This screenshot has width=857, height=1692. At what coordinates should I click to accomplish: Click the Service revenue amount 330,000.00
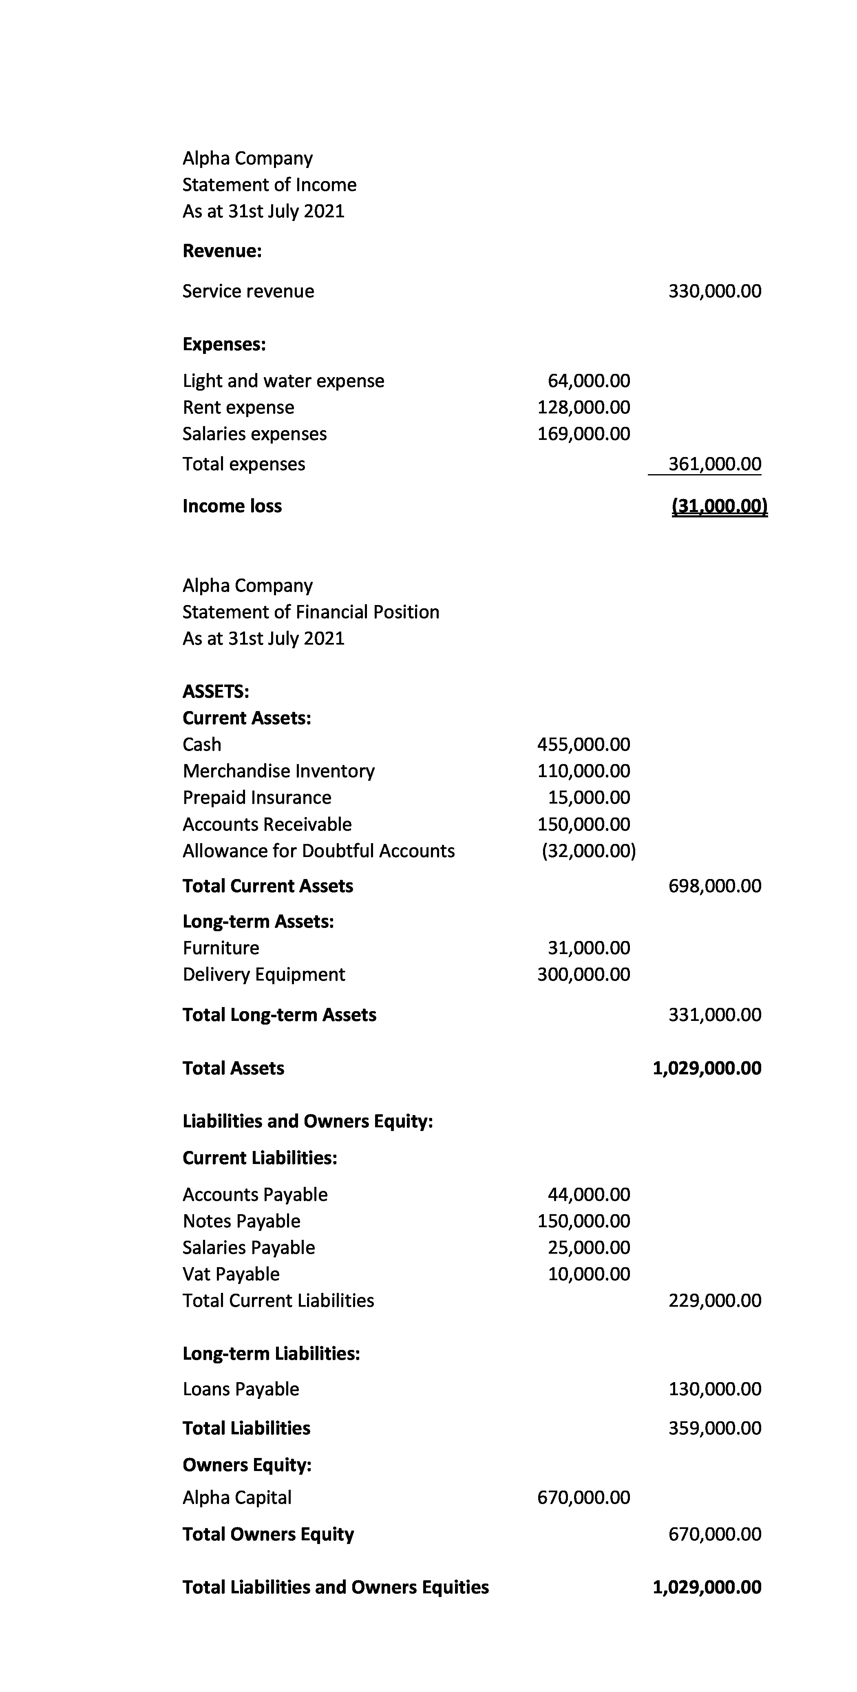coord(714,291)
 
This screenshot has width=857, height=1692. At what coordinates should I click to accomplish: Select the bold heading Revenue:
coord(222,251)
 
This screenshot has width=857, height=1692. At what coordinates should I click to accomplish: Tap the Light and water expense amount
coord(588,381)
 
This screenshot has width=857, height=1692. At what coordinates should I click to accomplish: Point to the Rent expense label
coord(238,407)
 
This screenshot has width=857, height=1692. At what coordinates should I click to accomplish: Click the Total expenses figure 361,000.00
coord(714,464)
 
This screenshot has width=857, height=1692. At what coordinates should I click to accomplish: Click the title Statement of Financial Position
coord(311,612)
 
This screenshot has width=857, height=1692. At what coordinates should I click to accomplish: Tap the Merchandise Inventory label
coord(278,771)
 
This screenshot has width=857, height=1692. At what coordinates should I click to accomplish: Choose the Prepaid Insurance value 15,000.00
coord(588,797)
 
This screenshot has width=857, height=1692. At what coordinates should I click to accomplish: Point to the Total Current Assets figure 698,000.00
coord(714,886)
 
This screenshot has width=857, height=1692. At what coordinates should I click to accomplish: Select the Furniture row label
coord(221,948)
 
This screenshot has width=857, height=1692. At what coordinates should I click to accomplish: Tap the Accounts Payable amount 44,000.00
coord(588,1194)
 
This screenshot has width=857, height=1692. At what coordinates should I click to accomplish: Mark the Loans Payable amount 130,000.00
coord(714,1389)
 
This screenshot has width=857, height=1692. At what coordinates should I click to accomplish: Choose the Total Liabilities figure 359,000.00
coord(714,1427)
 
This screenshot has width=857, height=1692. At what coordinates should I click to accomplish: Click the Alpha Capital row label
coord(236,1497)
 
